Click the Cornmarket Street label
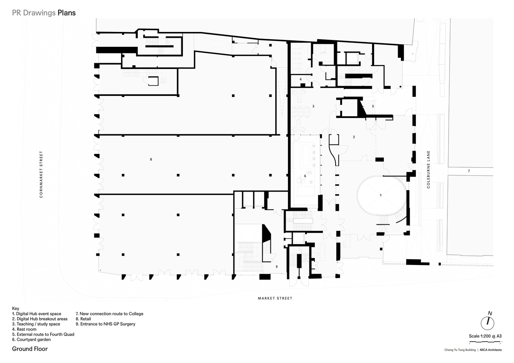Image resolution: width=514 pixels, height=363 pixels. (41, 174)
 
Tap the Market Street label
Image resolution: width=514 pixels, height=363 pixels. (275, 298)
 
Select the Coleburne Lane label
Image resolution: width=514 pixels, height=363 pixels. (428, 169)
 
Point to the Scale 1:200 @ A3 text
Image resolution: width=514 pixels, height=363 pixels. (485, 336)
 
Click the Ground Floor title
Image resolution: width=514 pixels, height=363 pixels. (30, 349)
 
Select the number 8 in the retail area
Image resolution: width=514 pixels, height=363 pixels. (151, 159)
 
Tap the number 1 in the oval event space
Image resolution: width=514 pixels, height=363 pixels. (381, 195)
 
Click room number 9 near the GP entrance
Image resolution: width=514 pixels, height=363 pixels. (277, 266)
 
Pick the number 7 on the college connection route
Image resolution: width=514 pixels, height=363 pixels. (469, 171)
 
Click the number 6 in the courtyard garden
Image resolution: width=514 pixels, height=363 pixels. (305, 176)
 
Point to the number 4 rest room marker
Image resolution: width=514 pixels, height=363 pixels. (301, 79)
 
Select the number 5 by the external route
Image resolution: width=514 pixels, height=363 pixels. (373, 106)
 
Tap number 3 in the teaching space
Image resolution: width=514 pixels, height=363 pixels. (313, 106)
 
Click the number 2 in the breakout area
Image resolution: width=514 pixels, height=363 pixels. (354, 137)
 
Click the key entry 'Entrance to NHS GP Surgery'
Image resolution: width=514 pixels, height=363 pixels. (105, 324)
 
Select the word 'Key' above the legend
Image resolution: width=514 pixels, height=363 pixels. (16, 309)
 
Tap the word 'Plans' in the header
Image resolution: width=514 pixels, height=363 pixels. (67, 13)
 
